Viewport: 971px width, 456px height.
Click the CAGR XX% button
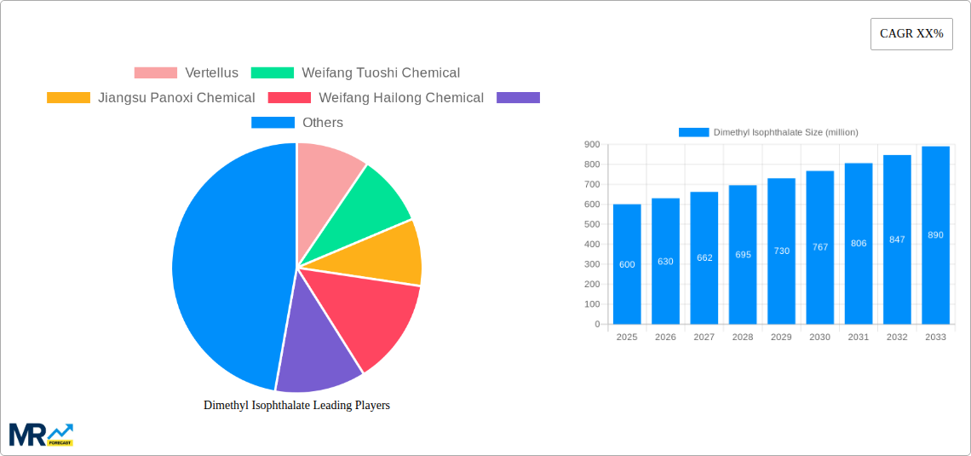point(911,34)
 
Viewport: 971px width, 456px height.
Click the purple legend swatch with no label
point(518,98)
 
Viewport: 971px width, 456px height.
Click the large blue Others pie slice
point(226,264)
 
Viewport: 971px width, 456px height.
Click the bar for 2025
point(627,264)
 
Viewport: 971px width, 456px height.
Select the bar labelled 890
point(935,235)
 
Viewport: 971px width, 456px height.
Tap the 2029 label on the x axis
point(781,338)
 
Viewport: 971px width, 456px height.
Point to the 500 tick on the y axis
point(591,224)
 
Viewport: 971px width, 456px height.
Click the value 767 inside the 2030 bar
point(819,246)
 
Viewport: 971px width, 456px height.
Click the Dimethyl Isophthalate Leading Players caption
point(296,406)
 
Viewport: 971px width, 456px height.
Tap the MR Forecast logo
point(41,435)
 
